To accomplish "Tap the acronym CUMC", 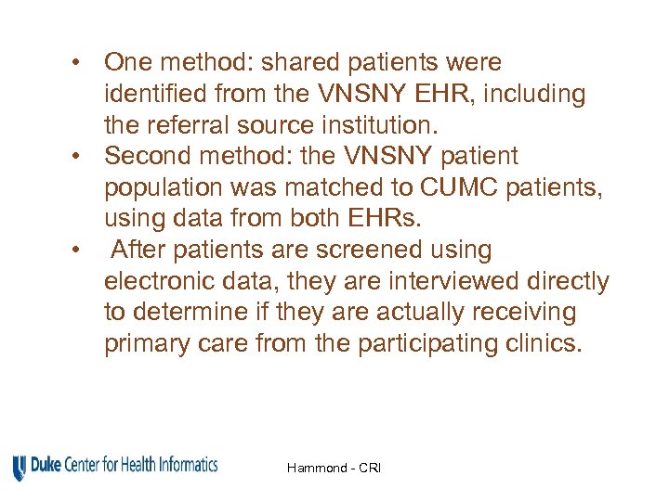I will point(451,188).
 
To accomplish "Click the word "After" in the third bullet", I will point(137,250).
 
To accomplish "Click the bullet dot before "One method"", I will point(84,63).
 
